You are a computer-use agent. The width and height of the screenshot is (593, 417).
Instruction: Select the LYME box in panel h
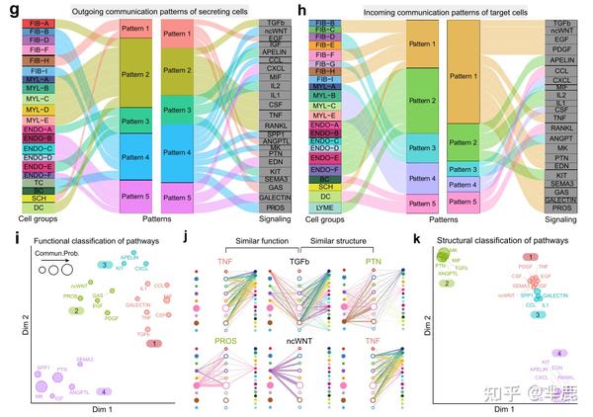click(x=323, y=207)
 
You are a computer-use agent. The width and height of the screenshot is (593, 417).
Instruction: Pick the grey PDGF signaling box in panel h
click(x=561, y=45)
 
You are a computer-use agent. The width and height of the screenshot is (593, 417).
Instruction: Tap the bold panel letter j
click(x=199, y=237)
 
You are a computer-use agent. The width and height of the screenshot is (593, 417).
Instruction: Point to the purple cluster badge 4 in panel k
click(x=561, y=353)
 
